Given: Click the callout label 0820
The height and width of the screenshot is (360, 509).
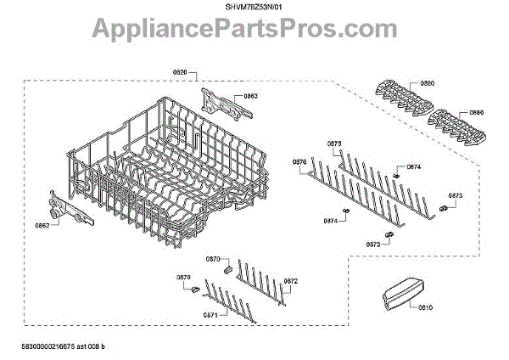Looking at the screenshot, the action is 179,74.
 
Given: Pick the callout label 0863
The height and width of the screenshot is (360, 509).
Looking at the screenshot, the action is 251,97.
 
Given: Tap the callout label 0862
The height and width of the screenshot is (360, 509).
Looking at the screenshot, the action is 42,226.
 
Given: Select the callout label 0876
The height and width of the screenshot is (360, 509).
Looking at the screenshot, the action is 298,161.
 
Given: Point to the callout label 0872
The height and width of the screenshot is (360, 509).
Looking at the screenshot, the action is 291,280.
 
